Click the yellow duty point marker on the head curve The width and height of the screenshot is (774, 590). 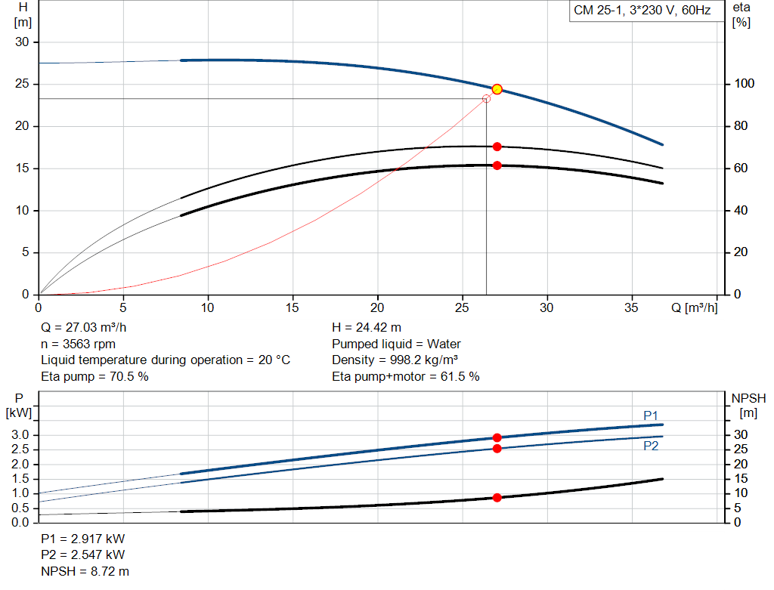pos(497,89)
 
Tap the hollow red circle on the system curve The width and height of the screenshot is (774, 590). pos(486,99)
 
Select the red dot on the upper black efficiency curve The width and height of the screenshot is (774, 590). pos(497,147)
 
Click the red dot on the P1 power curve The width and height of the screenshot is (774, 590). pos(497,438)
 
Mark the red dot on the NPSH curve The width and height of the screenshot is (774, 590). pos(497,498)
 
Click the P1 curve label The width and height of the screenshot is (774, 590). pos(651,415)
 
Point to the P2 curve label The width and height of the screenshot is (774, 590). pos(651,446)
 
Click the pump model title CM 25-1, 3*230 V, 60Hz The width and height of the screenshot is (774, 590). pos(642,11)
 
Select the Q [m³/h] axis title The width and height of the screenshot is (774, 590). pos(694,307)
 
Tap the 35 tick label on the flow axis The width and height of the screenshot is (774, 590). pos(631,307)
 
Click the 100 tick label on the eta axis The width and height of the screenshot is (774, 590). pos(744,84)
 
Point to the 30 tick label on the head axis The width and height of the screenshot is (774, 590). pos(22,42)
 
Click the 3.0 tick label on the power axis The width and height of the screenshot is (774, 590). pos(20,435)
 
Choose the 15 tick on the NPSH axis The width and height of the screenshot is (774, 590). pos(741,478)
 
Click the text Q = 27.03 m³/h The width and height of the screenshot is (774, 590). pos(83,328)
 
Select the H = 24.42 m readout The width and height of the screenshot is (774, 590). pos(367,328)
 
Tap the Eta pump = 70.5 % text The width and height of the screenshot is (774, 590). pos(94,377)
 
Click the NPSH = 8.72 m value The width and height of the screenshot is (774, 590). pos(85,571)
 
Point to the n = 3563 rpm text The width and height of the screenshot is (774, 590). pos(78,344)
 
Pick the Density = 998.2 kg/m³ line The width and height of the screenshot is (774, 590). pos(395,360)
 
